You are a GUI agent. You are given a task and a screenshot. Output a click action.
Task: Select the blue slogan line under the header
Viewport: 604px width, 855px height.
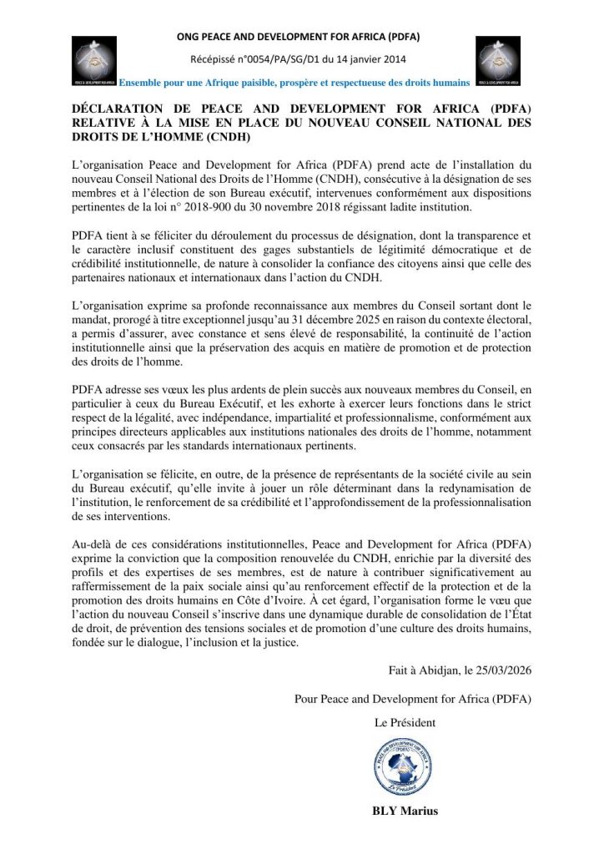click(294, 82)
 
